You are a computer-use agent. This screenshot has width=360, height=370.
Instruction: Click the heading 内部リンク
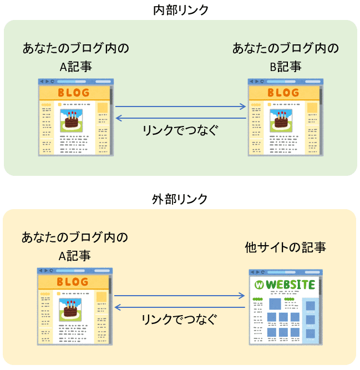(180, 10)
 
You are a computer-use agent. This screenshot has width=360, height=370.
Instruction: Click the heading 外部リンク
(180, 199)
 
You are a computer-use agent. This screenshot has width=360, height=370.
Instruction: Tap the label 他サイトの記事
(285, 247)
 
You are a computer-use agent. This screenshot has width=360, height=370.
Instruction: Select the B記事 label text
(285, 67)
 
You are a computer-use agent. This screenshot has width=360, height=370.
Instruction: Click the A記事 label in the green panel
(75, 67)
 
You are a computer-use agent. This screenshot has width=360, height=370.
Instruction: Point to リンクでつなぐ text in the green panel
(180, 130)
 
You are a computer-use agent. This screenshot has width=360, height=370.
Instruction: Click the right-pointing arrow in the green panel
(180, 107)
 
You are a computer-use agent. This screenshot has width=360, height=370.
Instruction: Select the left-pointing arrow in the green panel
(180, 118)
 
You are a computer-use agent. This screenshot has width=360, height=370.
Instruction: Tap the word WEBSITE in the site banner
(290, 285)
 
